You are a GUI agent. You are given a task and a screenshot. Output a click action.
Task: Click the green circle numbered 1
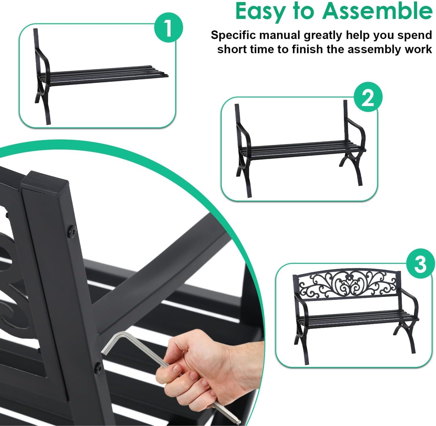coord(168,28)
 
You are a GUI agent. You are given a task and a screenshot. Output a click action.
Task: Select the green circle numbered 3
coord(420,264)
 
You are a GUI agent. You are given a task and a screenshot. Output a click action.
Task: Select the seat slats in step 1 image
coord(106,74)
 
